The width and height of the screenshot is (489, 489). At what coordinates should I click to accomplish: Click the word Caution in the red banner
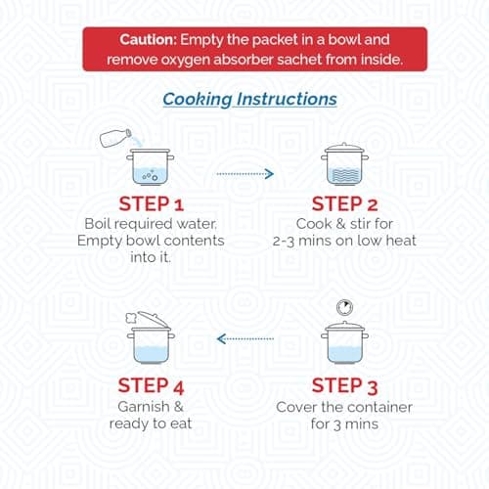click(148, 40)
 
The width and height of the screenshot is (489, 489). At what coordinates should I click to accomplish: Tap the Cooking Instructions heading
click(249, 99)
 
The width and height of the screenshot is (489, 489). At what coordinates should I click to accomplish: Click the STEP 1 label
click(152, 204)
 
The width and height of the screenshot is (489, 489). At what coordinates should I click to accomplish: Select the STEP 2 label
click(345, 204)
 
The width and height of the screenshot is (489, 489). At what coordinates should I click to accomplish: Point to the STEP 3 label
click(345, 386)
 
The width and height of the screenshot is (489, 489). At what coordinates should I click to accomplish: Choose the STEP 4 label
click(152, 386)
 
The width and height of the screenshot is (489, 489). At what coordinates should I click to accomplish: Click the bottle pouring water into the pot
click(115, 138)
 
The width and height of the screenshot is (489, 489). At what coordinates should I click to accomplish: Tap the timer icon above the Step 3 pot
click(344, 307)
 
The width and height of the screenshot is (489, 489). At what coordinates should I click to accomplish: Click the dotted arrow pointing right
click(245, 174)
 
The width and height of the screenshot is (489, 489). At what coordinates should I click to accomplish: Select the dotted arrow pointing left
click(245, 339)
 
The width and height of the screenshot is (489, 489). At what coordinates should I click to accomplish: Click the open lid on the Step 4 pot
click(154, 319)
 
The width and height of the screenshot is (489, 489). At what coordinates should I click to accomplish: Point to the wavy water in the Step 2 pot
click(344, 175)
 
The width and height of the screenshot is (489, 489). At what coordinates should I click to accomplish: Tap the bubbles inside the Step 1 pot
click(151, 176)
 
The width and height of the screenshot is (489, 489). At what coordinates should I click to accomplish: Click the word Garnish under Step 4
click(144, 407)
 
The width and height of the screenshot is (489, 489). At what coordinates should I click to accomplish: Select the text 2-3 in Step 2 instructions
click(284, 242)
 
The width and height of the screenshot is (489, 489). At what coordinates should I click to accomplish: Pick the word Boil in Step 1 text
click(97, 224)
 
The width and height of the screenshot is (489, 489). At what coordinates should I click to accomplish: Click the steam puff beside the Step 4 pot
click(131, 318)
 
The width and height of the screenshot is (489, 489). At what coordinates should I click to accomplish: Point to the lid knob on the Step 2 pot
click(344, 144)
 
